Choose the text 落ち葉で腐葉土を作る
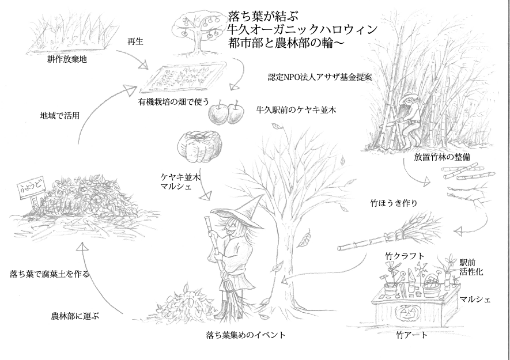pos(50,274)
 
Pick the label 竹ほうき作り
pos(398,203)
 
